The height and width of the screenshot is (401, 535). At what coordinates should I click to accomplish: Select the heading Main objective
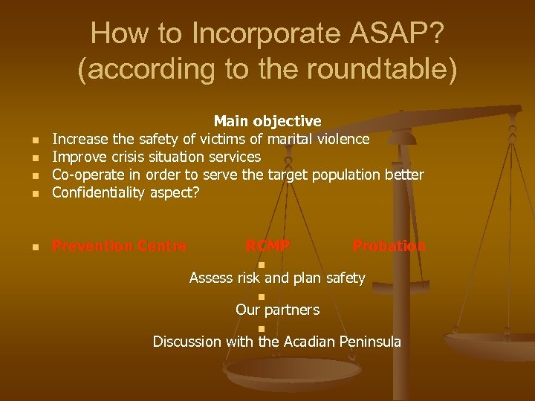[x=267, y=121]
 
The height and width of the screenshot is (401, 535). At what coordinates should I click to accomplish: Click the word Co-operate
[x=88, y=175]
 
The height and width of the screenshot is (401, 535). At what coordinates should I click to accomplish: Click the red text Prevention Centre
[x=120, y=246]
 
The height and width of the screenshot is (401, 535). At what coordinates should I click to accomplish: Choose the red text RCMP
[x=267, y=246]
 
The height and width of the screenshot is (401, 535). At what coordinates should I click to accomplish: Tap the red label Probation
[x=389, y=246]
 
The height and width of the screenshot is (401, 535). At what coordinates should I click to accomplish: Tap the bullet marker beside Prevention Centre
[x=34, y=247]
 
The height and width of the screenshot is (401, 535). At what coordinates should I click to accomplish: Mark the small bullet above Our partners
[x=262, y=297]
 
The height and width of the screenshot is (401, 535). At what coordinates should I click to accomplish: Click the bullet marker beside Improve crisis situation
[x=34, y=158]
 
